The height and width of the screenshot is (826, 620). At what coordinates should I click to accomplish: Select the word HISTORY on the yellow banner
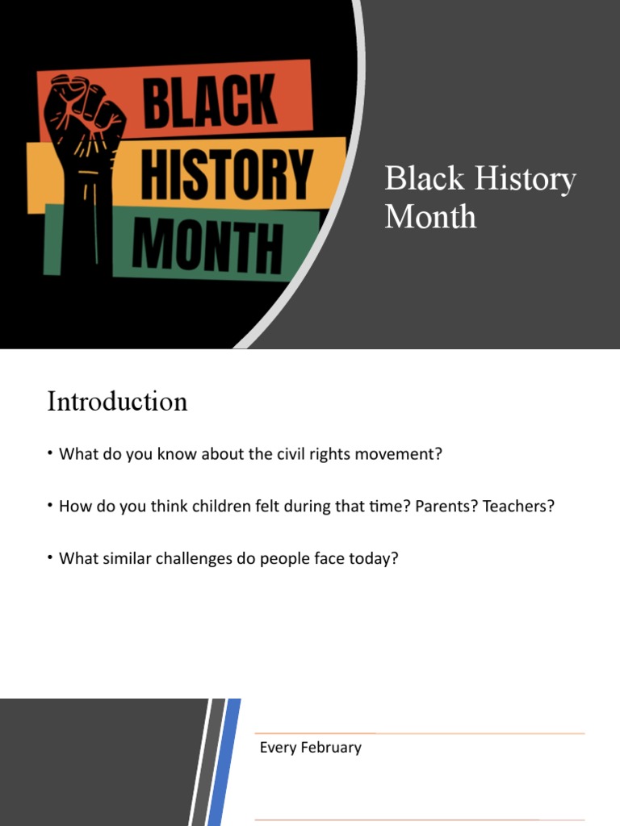[x=226, y=173]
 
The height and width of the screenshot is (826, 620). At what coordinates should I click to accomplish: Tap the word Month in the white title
[x=430, y=216]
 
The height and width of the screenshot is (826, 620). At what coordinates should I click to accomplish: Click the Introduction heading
[x=117, y=401]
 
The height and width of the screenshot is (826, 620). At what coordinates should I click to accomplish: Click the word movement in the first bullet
[x=404, y=454]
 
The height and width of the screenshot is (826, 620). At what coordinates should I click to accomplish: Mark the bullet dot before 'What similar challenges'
[x=50, y=557]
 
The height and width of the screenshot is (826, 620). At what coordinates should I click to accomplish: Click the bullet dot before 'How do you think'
[x=50, y=504]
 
